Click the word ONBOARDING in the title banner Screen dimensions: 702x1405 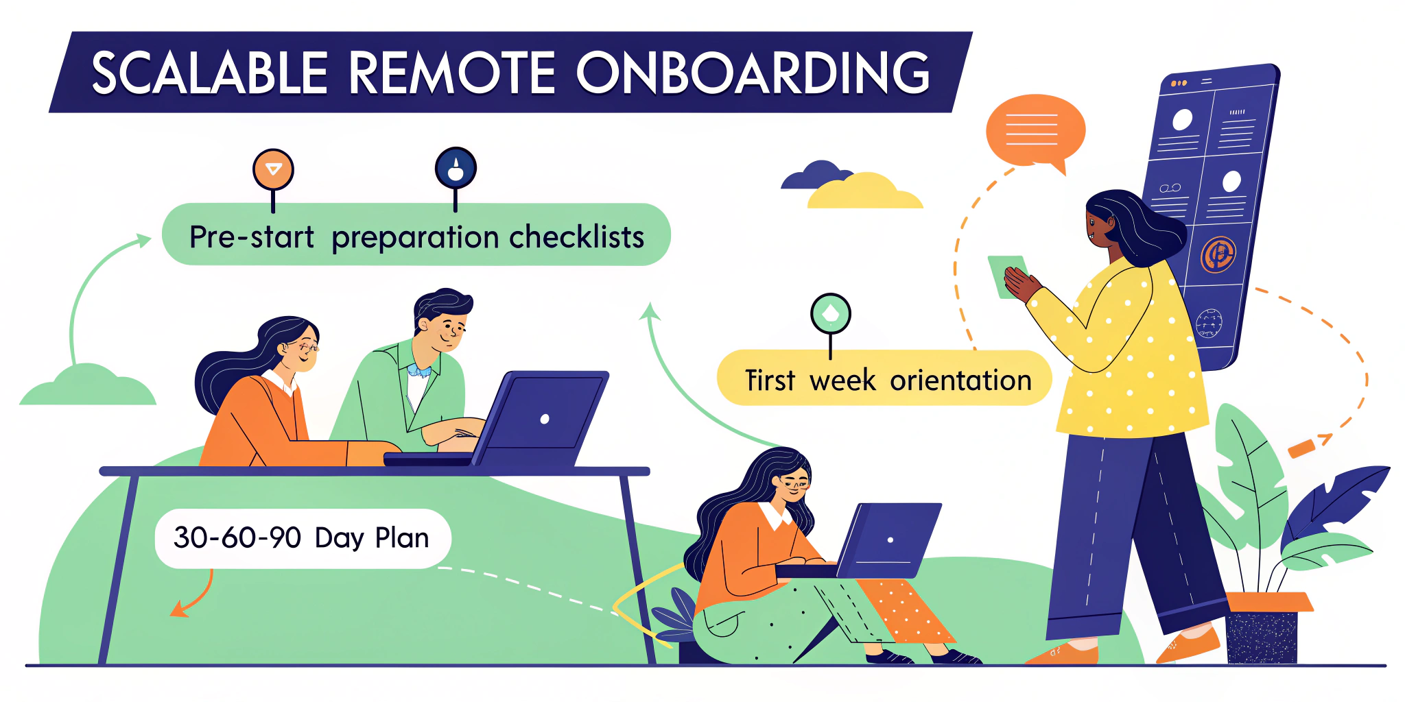tap(753, 73)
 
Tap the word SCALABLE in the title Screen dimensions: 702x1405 tap(209, 73)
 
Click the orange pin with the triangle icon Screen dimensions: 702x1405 tap(273, 169)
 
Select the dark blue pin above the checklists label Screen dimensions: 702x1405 tap(456, 168)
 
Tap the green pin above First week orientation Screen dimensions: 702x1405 tap(830, 314)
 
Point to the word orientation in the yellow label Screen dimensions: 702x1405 tap(960, 380)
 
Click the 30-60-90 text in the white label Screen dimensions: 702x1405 tap(237, 538)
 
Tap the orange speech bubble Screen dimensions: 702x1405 tap(1035, 130)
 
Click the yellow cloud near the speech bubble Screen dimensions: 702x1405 tap(864, 193)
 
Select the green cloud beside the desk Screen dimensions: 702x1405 tap(88, 388)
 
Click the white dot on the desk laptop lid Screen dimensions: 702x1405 tap(545, 419)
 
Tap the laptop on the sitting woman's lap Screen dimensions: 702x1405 tap(889, 542)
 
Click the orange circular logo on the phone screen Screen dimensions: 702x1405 tap(1218, 254)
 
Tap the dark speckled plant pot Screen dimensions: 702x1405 tap(1261, 637)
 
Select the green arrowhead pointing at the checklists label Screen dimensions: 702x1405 tap(143, 240)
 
